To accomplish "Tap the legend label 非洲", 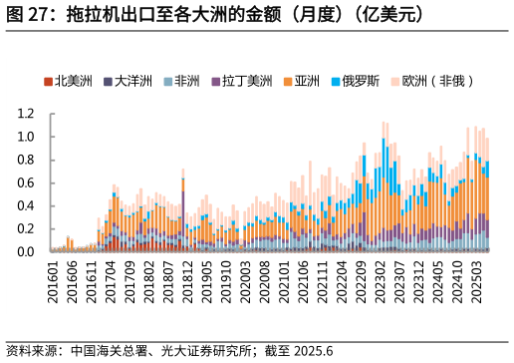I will tap(186, 81).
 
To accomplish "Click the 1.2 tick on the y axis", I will tap(27, 114).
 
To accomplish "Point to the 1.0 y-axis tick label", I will tap(27, 137).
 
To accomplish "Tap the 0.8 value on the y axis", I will tap(27, 160).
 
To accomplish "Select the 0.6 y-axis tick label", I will tap(27, 182).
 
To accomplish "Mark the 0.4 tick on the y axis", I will tap(27, 205).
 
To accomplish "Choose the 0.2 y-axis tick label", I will tap(27, 228).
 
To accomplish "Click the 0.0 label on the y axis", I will tap(27, 251).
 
